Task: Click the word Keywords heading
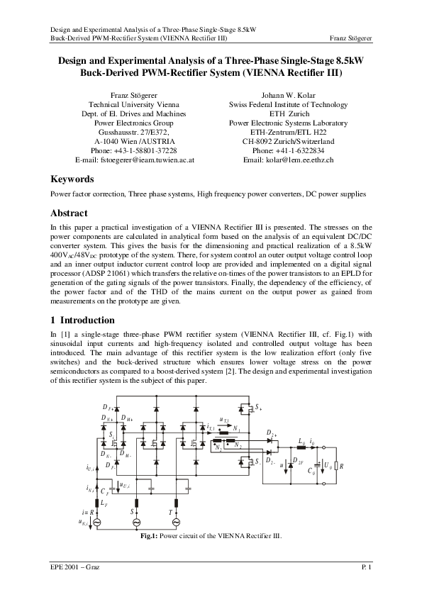(77, 179)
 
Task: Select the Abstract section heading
(70, 213)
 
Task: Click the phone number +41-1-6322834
(288, 150)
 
